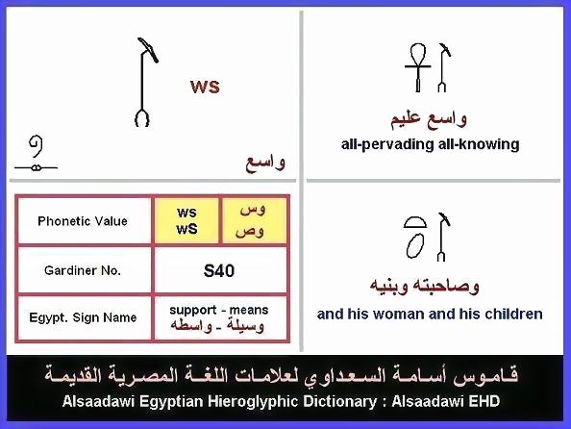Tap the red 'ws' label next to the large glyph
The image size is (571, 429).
click(205, 88)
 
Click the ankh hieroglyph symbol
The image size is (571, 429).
click(418, 67)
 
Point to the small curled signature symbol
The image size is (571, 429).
click(37, 154)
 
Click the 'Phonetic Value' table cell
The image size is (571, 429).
click(83, 221)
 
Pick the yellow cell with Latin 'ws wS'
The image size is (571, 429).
click(186, 220)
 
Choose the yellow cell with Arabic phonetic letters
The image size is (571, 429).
click(254, 220)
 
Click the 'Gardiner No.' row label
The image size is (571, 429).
click(83, 270)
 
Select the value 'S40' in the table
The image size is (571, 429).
click(219, 271)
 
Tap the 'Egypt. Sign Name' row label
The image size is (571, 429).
click(83, 317)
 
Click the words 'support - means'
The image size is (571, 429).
click(219, 310)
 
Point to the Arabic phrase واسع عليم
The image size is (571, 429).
click(429, 119)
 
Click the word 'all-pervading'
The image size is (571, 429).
click(387, 144)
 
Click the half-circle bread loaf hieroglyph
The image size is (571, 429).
click(415, 222)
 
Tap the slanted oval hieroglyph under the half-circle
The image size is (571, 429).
click(415, 245)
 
